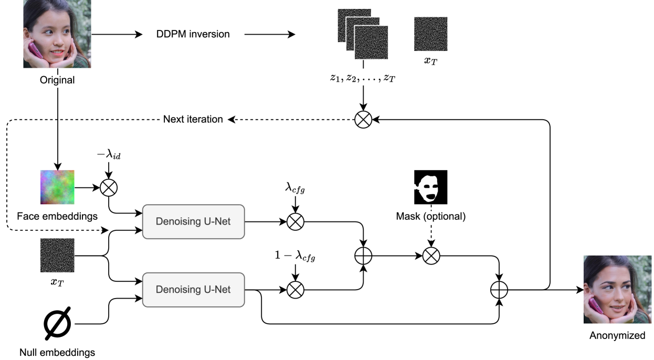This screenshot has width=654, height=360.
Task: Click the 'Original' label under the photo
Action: click(x=58, y=81)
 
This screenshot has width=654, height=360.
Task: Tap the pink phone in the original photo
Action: click(x=35, y=50)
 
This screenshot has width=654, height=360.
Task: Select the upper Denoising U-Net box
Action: click(x=193, y=221)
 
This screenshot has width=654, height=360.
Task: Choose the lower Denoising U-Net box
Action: click(x=193, y=290)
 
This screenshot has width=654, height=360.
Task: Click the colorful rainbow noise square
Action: click(x=58, y=187)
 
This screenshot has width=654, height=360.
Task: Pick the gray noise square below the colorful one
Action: click(x=58, y=256)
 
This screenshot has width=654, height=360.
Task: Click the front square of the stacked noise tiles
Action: click(x=372, y=43)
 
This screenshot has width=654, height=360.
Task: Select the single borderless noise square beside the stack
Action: click(x=431, y=34)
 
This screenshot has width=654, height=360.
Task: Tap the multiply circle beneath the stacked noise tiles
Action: click(x=363, y=120)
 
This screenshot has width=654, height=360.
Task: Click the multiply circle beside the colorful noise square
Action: click(x=109, y=188)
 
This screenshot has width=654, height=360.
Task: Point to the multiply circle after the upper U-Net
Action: click(x=296, y=222)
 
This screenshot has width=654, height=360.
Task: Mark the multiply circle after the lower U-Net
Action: click(x=296, y=290)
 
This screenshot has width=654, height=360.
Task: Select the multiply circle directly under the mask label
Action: click(x=431, y=256)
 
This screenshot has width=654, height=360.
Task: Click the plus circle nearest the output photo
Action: click(x=499, y=290)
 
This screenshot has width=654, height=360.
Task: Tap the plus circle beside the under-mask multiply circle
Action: click(x=363, y=256)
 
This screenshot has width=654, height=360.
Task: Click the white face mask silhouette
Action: click(x=428, y=188)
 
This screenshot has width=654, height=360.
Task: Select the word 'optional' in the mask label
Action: click(x=446, y=217)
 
